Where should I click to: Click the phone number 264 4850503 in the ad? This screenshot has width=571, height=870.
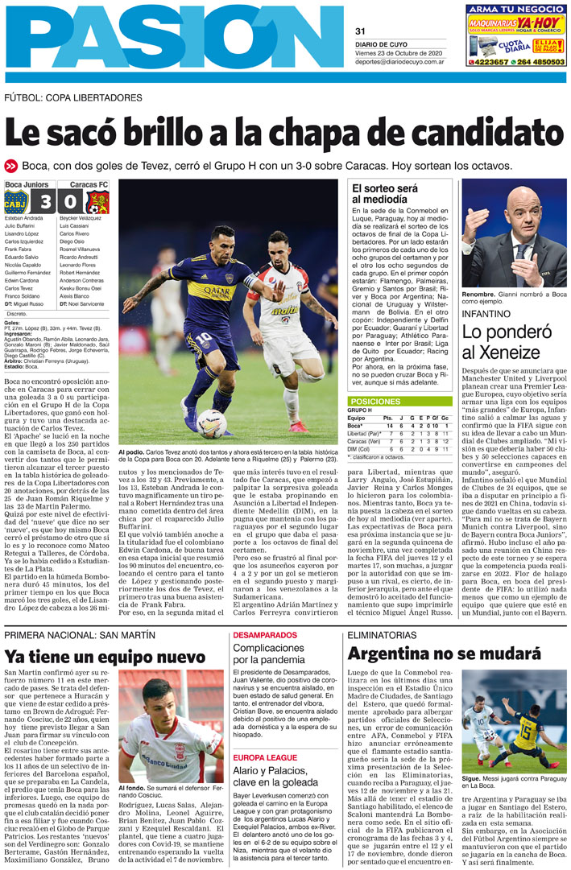pyautogui.click(x=536, y=61)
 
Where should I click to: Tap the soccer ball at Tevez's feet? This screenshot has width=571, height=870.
pyautogui.click(x=211, y=422)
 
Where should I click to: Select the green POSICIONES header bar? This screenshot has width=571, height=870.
pyautogui.click(x=399, y=401)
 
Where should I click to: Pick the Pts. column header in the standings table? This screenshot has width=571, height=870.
pyautogui.click(x=388, y=418)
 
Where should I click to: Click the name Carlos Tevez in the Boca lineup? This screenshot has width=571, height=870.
pyautogui.click(x=19, y=287)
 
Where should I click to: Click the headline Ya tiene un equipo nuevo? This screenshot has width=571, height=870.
pyautogui.click(x=93, y=657)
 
